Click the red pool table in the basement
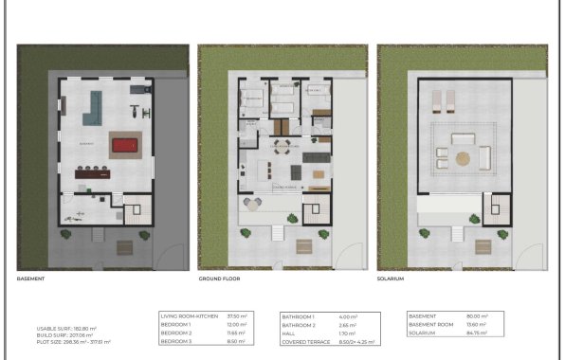coord(123,145)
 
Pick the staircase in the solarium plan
coord(495,208)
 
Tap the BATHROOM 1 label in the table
coord(298,315)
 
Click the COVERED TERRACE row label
coord(303,341)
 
